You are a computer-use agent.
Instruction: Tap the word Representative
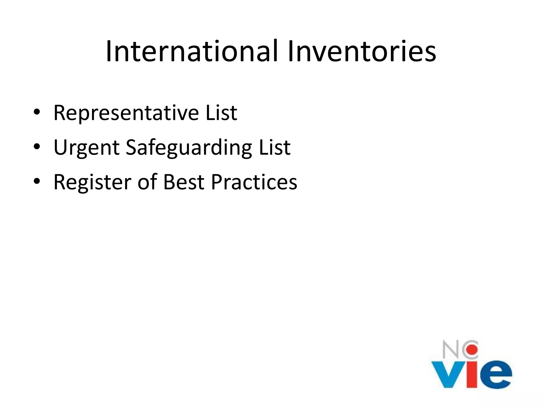click(x=126, y=113)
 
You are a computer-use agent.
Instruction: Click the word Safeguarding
click(x=189, y=147)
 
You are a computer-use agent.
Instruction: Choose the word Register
click(x=92, y=182)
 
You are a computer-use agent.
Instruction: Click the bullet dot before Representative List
click(x=37, y=112)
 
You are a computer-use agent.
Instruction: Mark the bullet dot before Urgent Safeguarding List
click(x=37, y=147)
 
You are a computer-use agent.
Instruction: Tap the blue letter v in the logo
click(x=448, y=374)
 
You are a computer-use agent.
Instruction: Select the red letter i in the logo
click(x=472, y=374)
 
